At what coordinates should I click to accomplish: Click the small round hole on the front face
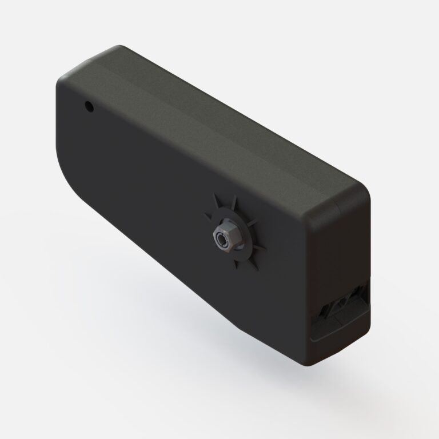click(x=89, y=106)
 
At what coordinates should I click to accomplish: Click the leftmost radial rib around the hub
click(x=207, y=216)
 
